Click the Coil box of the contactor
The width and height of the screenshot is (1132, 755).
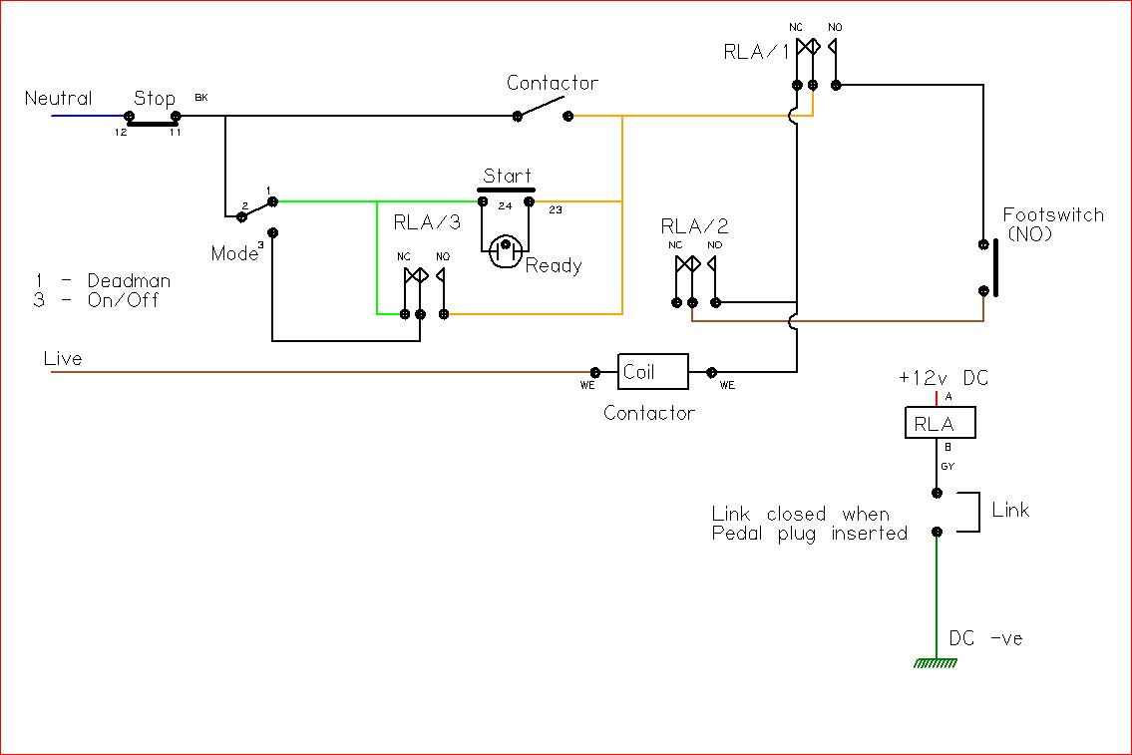coord(652,372)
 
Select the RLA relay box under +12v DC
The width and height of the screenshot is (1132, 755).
coord(940,422)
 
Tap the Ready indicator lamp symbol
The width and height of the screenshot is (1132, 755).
coord(506,250)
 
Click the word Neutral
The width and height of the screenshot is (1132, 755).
coord(59,98)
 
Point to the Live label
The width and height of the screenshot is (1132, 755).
coord(63,359)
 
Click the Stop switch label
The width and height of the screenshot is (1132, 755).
coord(155,98)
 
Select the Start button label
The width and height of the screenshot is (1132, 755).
coord(507,176)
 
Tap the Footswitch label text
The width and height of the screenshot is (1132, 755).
coord(1053,214)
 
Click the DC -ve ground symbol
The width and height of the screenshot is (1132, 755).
coord(936,663)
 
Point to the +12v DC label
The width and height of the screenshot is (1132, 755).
coord(943,377)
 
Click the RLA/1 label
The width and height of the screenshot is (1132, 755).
coord(756,52)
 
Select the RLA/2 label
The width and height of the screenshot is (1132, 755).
coord(694,226)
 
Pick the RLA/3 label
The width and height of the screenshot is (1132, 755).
coord(427,222)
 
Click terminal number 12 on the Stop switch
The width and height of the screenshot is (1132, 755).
coord(121,133)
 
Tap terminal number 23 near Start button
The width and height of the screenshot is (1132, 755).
coord(556,210)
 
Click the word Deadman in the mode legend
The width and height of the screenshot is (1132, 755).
coord(130,281)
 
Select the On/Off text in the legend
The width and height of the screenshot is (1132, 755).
coord(123,300)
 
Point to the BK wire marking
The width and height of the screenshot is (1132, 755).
coord(201,98)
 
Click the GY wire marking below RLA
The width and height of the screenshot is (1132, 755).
coord(947,467)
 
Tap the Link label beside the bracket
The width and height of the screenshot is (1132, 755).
coord(1010,511)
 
